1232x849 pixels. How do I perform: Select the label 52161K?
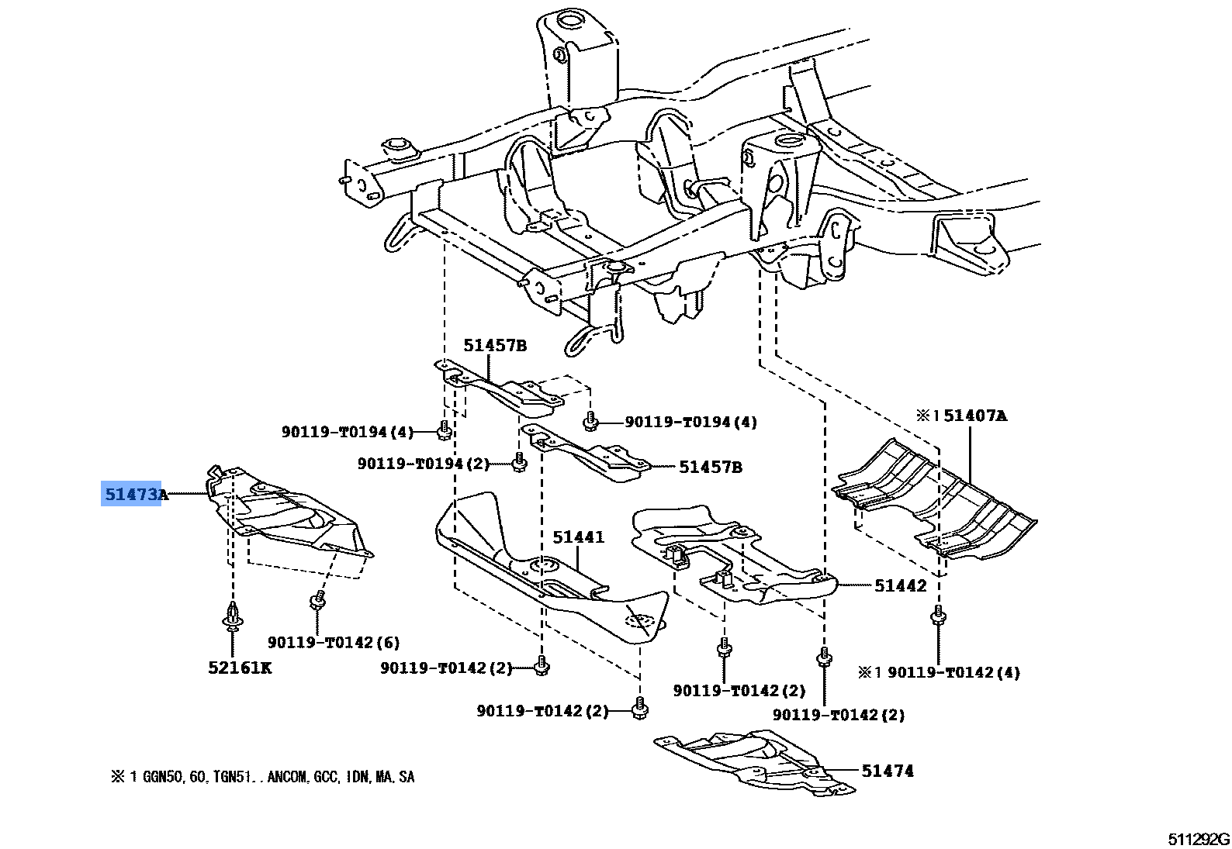click(240, 668)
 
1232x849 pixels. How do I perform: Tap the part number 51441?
click(578, 537)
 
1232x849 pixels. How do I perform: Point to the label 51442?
click(900, 586)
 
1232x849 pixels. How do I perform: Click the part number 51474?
click(887, 771)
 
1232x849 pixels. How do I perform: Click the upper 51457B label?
click(495, 345)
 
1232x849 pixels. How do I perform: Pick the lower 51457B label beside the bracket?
click(710, 467)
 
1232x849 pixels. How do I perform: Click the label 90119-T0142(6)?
click(334, 643)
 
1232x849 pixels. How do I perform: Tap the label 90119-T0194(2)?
click(424, 464)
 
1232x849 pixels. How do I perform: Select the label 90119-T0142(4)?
click(953, 672)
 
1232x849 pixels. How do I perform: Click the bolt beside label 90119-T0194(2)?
click(518, 464)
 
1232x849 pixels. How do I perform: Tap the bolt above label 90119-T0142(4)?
click(938, 618)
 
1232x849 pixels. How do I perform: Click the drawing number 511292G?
click(1199, 839)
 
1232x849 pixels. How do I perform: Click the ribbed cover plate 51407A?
click(931, 500)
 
